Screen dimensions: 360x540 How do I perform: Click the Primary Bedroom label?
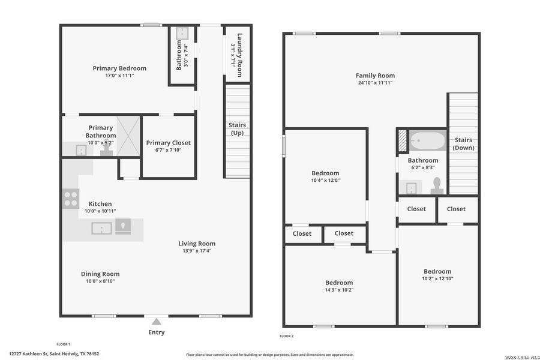pyautogui.click(x=119, y=68)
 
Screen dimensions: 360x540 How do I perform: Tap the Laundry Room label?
pyautogui.click(x=239, y=54)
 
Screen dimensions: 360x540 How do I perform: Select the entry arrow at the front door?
pyautogui.click(x=156, y=321)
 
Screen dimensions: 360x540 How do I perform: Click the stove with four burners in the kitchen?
pyautogui.click(x=71, y=199)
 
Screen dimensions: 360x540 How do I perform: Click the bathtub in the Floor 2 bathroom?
pyautogui.click(x=427, y=141)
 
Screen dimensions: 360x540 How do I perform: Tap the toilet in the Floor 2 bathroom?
pyautogui.click(x=437, y=185)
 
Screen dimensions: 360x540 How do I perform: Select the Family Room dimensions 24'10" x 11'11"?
pyautogui.click(x=375, y=83)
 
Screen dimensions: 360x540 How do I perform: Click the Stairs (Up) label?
pyautogui.click(x=237, y=128)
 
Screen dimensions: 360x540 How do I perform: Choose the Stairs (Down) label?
pyautogui.click(x=463, y=143)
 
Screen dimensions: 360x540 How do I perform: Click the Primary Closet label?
pyautogui.click(x=169, y=143)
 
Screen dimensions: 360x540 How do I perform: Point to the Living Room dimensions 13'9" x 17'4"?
pyautogui.click(x=196, y=251)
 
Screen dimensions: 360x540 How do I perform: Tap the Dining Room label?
pyautogui.click(x=100, y=274)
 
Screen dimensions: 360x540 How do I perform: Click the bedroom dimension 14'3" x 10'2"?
pyautogui.click(x=339, y=290)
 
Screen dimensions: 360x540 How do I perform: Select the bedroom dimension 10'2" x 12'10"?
pyautogui.click(x=437, y=279)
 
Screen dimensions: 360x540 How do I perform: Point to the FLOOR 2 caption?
pyautogui.click(x=287, y=336)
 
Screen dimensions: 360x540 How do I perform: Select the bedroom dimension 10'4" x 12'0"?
pyautogui.click(x=325, y=181)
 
